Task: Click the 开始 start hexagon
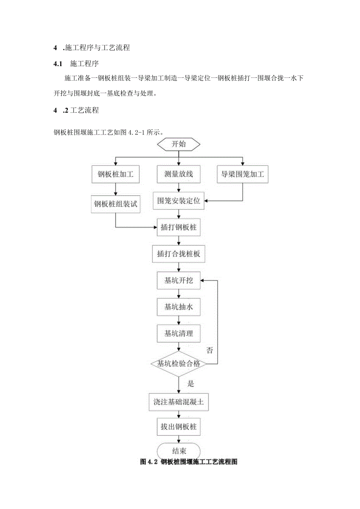[178, 144]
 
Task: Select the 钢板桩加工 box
[115, 174]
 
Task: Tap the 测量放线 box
[178, 174]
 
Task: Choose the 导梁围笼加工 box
[243, 174]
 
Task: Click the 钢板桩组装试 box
[115, 204]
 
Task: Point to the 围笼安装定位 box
[178, 201]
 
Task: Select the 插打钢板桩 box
[178, 228]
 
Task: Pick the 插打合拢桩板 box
[178, 254]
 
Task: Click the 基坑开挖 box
[178, 281]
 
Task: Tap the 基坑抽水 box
[178, 307]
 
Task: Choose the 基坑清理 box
[178, 334]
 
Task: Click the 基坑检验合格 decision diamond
[178, 364]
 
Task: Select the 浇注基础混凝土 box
[178, 402]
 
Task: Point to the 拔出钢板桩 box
[178, 427]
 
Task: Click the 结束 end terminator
[178, 450]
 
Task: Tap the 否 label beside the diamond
[210, 350]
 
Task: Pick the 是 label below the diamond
[191, 383]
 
